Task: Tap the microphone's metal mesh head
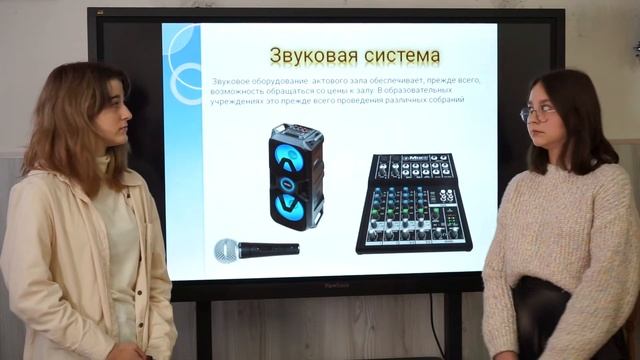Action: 225,248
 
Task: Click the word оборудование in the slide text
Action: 277,79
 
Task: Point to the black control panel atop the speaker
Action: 296,131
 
